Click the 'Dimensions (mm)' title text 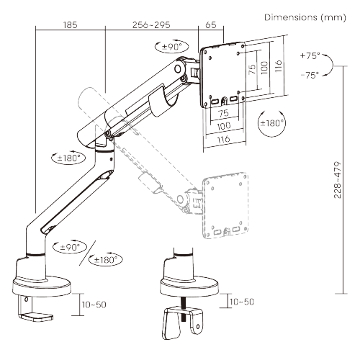tap(305, 17)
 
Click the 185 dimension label tap(70, 24)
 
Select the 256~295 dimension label tap(151, 24)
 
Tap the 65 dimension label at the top tap(211, 24)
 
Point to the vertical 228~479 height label tap(338, 180)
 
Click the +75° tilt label tap(310, 55)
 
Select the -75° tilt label tap(310, 75)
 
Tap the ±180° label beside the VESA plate tap(272, 123)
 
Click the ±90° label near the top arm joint tap(172, 47)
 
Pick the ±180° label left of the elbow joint tap(68, 158)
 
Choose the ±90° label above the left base tap(70, 247)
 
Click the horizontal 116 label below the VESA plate tap(223, 139)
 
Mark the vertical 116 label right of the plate tap(278, 66)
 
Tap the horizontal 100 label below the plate tap(224, 126)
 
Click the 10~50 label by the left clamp tap(94, 305)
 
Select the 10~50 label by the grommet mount tap(242, 302)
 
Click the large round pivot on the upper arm tap(178, 69)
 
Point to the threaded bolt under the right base tap(184, 312)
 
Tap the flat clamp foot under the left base tap(37, 316)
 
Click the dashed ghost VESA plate tap(225, 205)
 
